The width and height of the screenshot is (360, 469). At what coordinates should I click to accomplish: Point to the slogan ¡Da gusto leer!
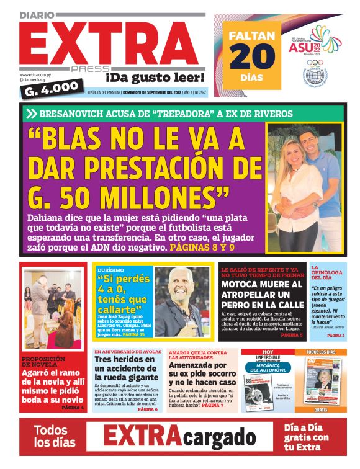pos(155,77)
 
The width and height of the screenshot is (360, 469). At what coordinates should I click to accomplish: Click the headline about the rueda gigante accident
pos(125,368)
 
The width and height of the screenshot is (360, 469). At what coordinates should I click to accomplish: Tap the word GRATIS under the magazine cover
pos(322,409)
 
